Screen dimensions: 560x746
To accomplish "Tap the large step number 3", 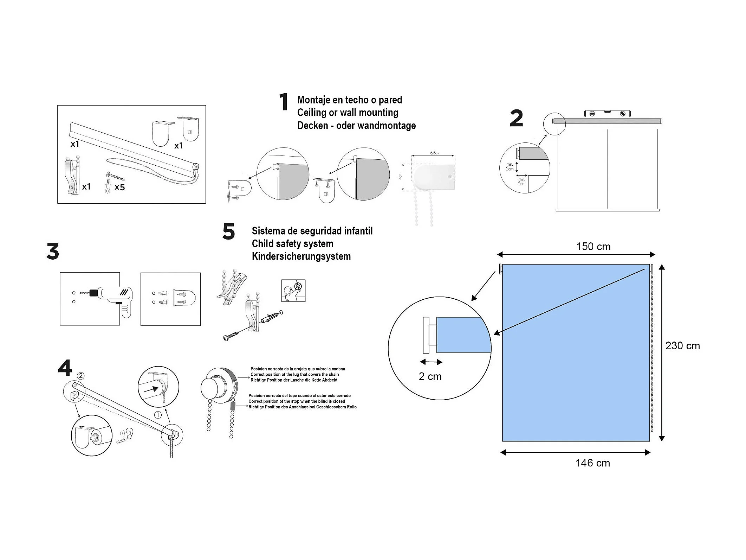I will tap(53, 252).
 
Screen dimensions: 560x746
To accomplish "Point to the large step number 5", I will tap(228, 232).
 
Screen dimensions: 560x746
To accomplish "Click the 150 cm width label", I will tap(593, 247).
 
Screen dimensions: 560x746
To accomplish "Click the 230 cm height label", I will tap(682, 346).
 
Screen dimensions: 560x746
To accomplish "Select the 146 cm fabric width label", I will tap(592, 463).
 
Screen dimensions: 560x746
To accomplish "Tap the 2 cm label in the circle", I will tap(430, 376).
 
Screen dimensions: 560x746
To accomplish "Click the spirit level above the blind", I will tap(607, 113).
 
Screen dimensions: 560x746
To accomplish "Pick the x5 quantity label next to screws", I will tap(119, 187).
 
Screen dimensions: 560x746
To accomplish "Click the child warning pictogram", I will tap(293, 291).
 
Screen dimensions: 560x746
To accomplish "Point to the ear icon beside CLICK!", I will tap(130, 433).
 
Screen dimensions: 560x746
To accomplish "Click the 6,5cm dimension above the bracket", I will tap(434, 153).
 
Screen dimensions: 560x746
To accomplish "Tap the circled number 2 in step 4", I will tap(80, 376).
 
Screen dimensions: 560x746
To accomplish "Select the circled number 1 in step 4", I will tap(158, 415).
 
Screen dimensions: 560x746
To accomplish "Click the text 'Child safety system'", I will tap(292, 244).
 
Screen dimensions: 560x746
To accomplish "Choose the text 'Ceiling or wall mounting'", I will tap(348, 113).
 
